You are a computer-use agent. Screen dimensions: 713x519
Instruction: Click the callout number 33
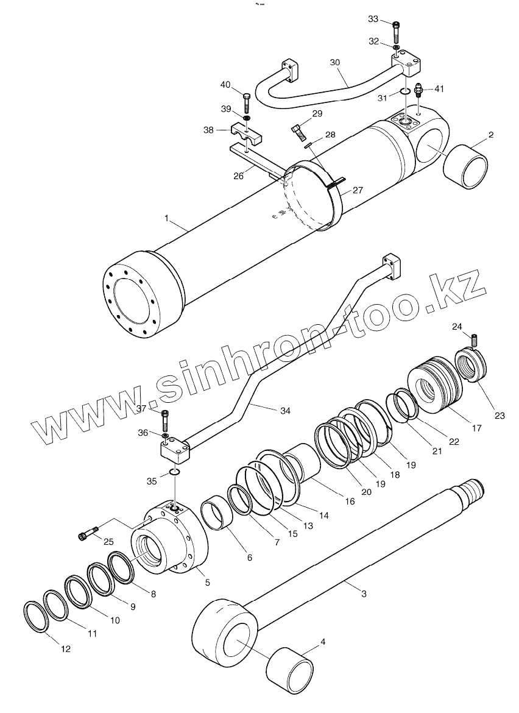(373, 20)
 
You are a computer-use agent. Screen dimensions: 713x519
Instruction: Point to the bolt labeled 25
(87, 535)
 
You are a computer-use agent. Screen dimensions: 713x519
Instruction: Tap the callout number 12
(66, 649)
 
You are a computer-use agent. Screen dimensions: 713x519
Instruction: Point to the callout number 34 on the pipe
(285, 411)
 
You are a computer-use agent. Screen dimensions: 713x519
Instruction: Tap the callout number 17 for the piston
(476, 428)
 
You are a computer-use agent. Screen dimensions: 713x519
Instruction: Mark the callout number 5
(207, 583)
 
